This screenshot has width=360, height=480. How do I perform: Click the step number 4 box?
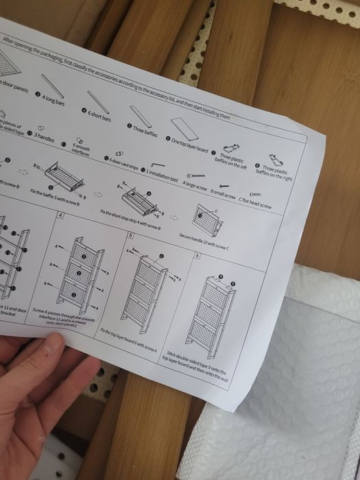[x=60, y=216]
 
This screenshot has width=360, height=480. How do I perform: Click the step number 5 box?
[x=130, y=235]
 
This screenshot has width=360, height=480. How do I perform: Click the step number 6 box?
[x=197, y=255]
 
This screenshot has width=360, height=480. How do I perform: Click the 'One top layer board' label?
[x=187, y=143]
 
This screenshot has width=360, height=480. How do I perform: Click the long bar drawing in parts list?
[x=53, y=86]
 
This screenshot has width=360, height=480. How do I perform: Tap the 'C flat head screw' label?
[x=255, y=204]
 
